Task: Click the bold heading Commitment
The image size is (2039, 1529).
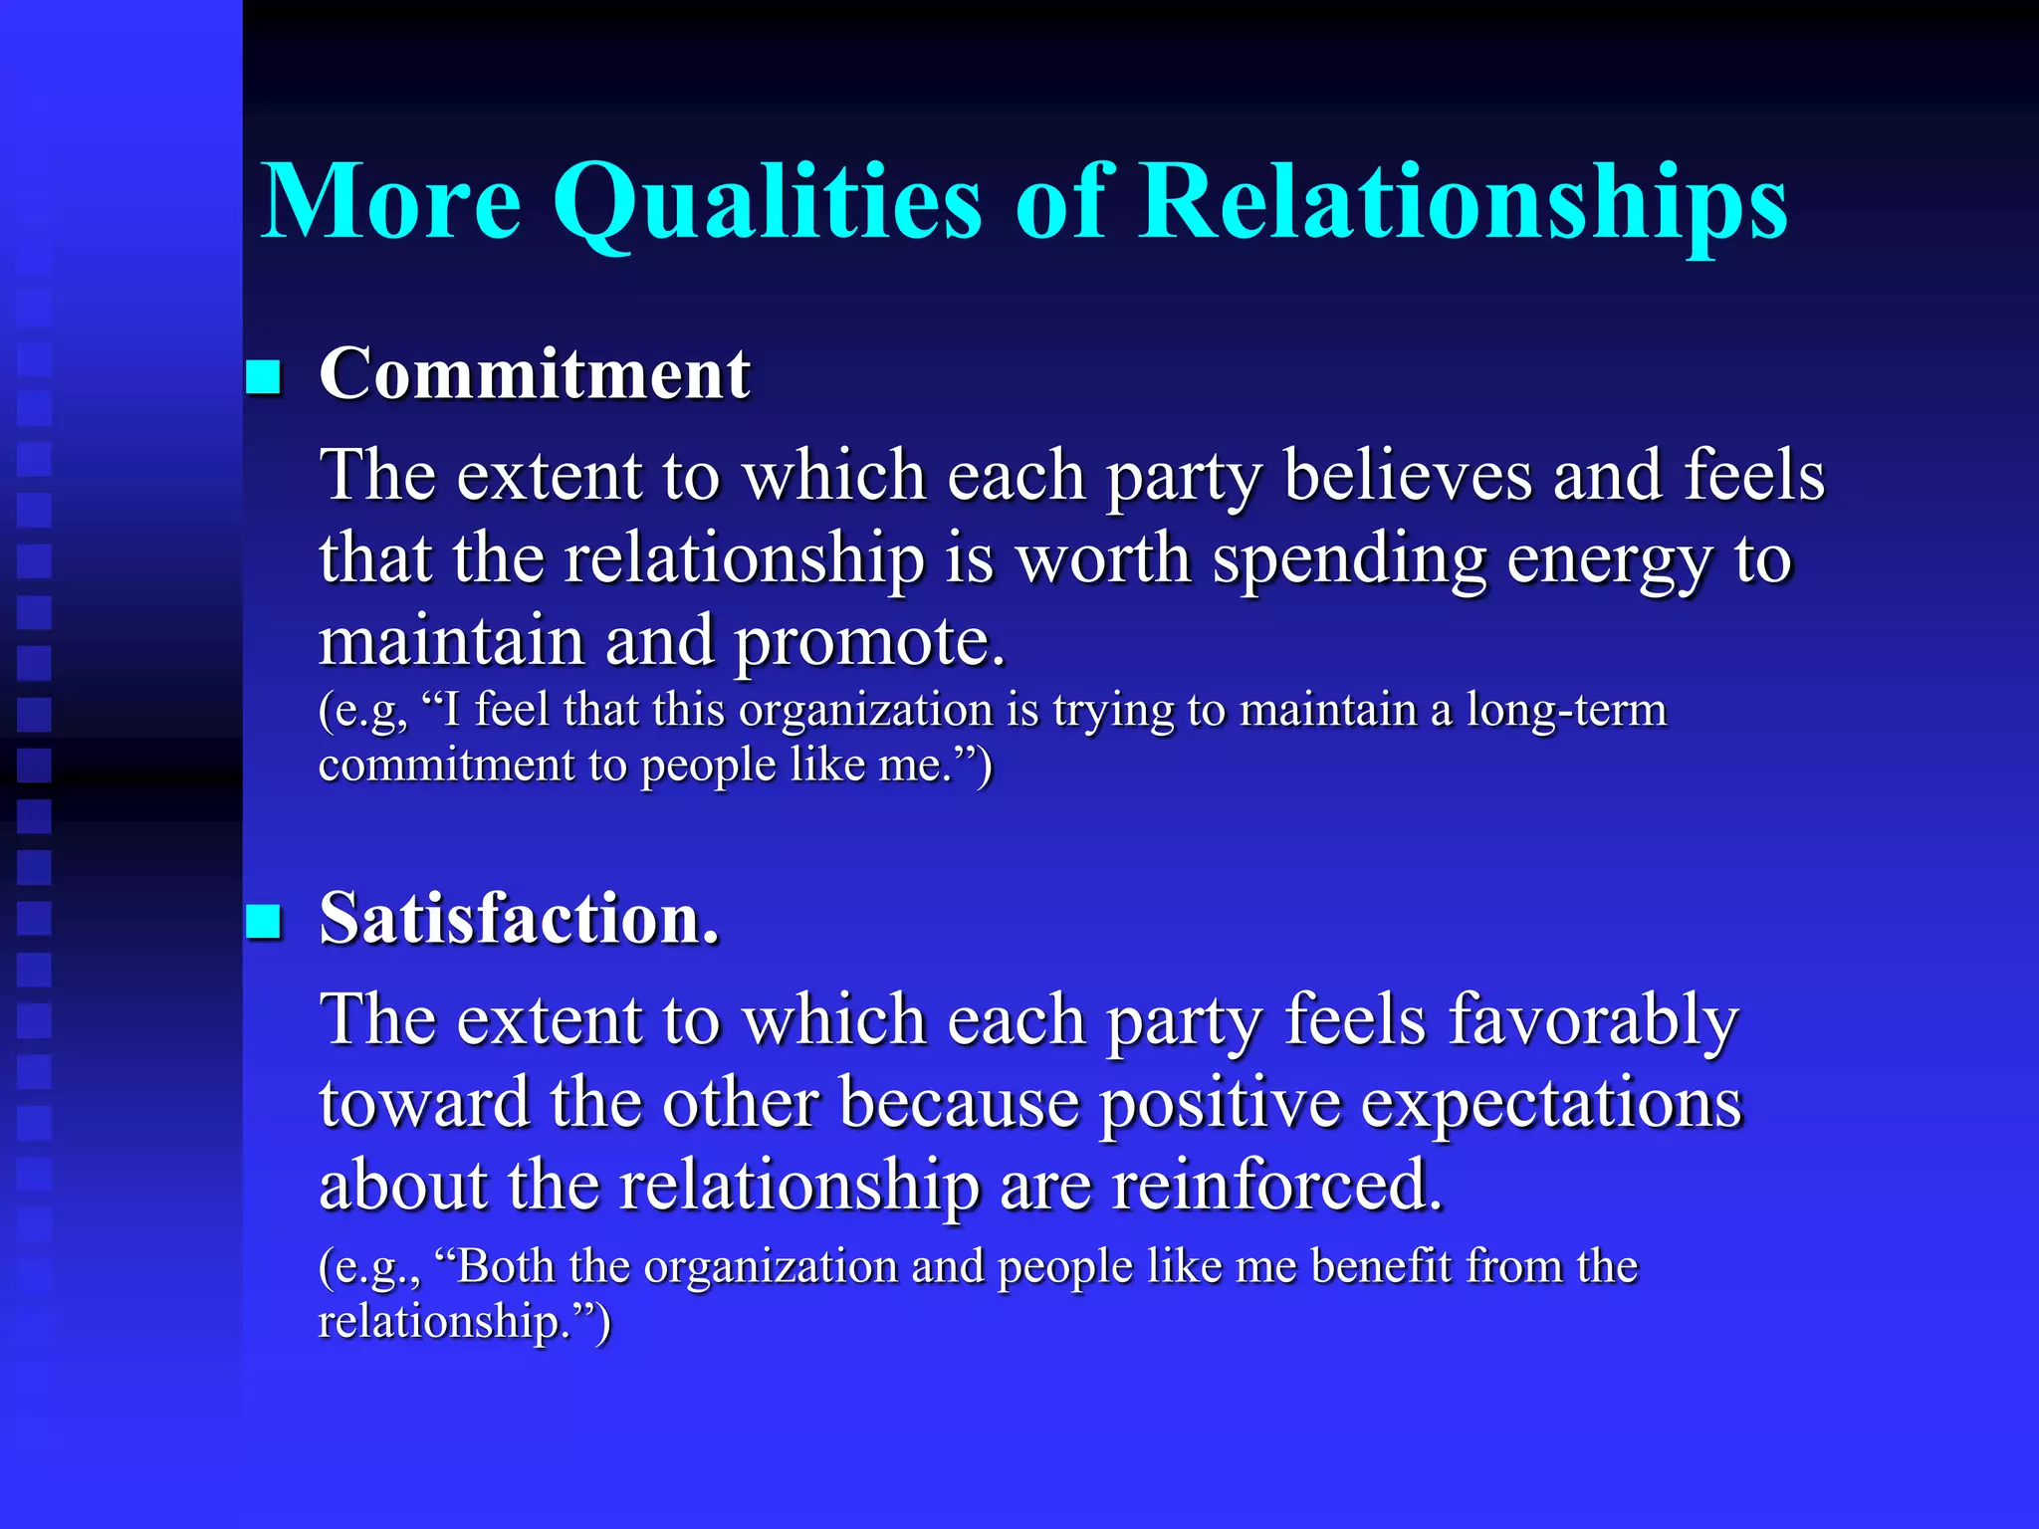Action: pos(535,374)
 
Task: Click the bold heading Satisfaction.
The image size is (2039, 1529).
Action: pos(519,919)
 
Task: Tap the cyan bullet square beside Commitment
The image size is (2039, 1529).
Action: pos(264,377)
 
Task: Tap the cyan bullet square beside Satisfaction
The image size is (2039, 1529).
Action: pos(264,922)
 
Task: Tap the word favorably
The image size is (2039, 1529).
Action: pos(1593,1020)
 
